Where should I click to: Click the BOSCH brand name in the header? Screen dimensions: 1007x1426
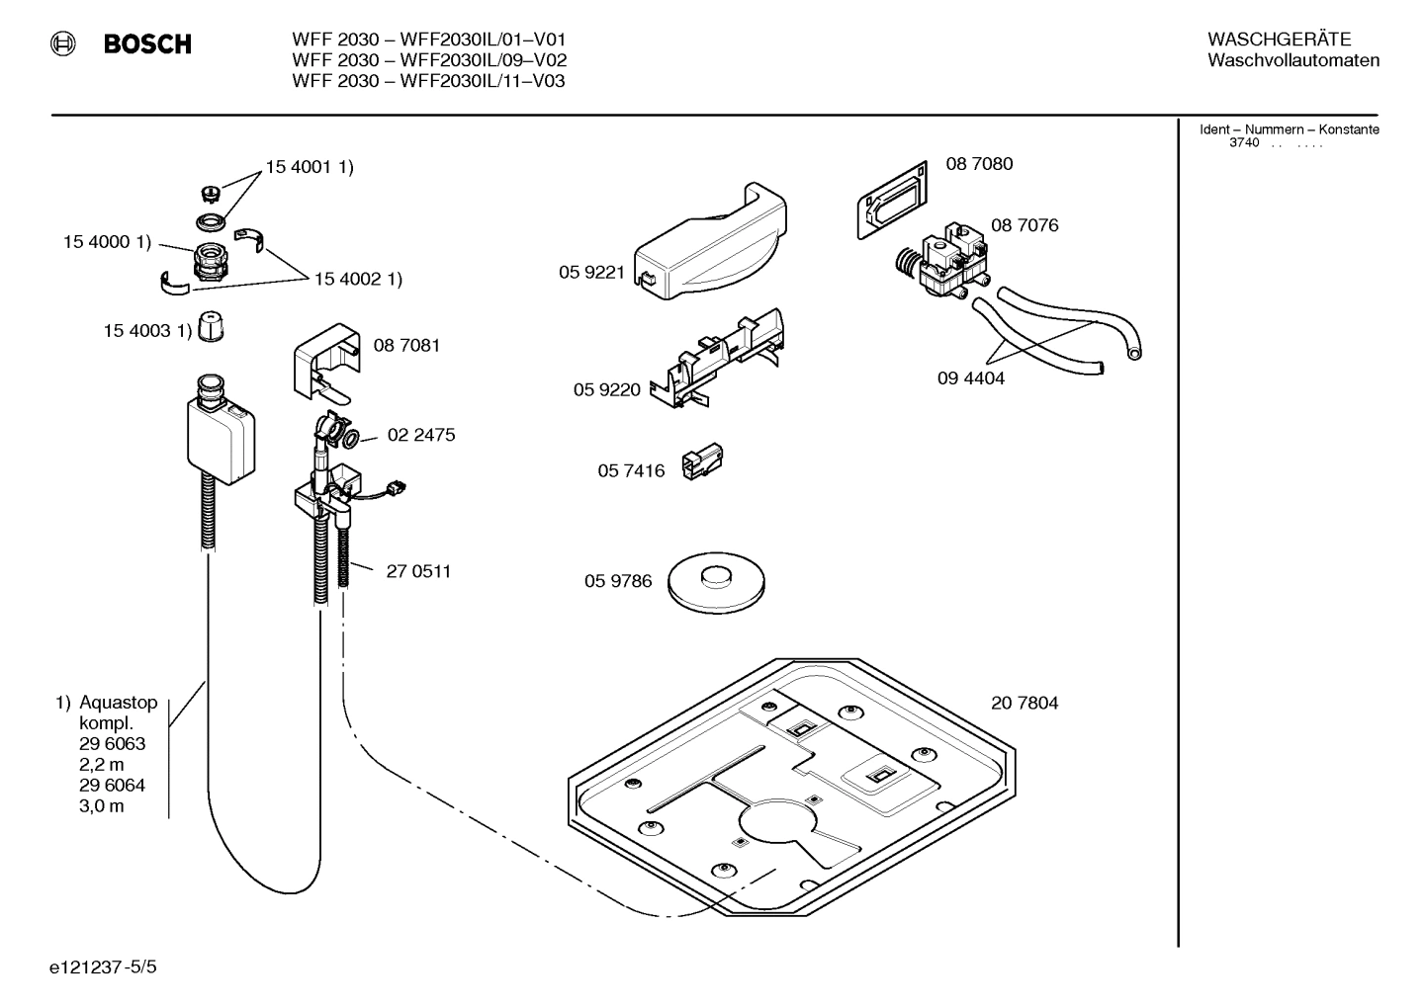tap(147, 44)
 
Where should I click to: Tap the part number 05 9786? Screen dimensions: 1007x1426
tap(618, 581)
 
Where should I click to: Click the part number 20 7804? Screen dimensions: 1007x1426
tap(1025, 703)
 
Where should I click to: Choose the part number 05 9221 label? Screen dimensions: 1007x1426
tap(591, 273)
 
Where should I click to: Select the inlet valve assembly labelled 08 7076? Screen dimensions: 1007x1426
tap(940, 263)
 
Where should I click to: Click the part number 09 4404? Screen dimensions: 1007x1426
tap(970, 378)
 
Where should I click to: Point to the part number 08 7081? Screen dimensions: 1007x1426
tap(406, 345)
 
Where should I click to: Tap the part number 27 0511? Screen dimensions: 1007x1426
tap(418, 571)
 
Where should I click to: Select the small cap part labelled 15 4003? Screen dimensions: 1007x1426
tap(209, 327)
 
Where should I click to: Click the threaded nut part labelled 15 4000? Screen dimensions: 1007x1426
tap(209, 263)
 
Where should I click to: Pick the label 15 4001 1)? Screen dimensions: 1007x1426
tap(309, 167)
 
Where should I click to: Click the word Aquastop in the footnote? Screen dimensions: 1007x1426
tap(118, 703)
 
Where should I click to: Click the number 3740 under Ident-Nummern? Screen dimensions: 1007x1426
tap(1243, 143)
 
